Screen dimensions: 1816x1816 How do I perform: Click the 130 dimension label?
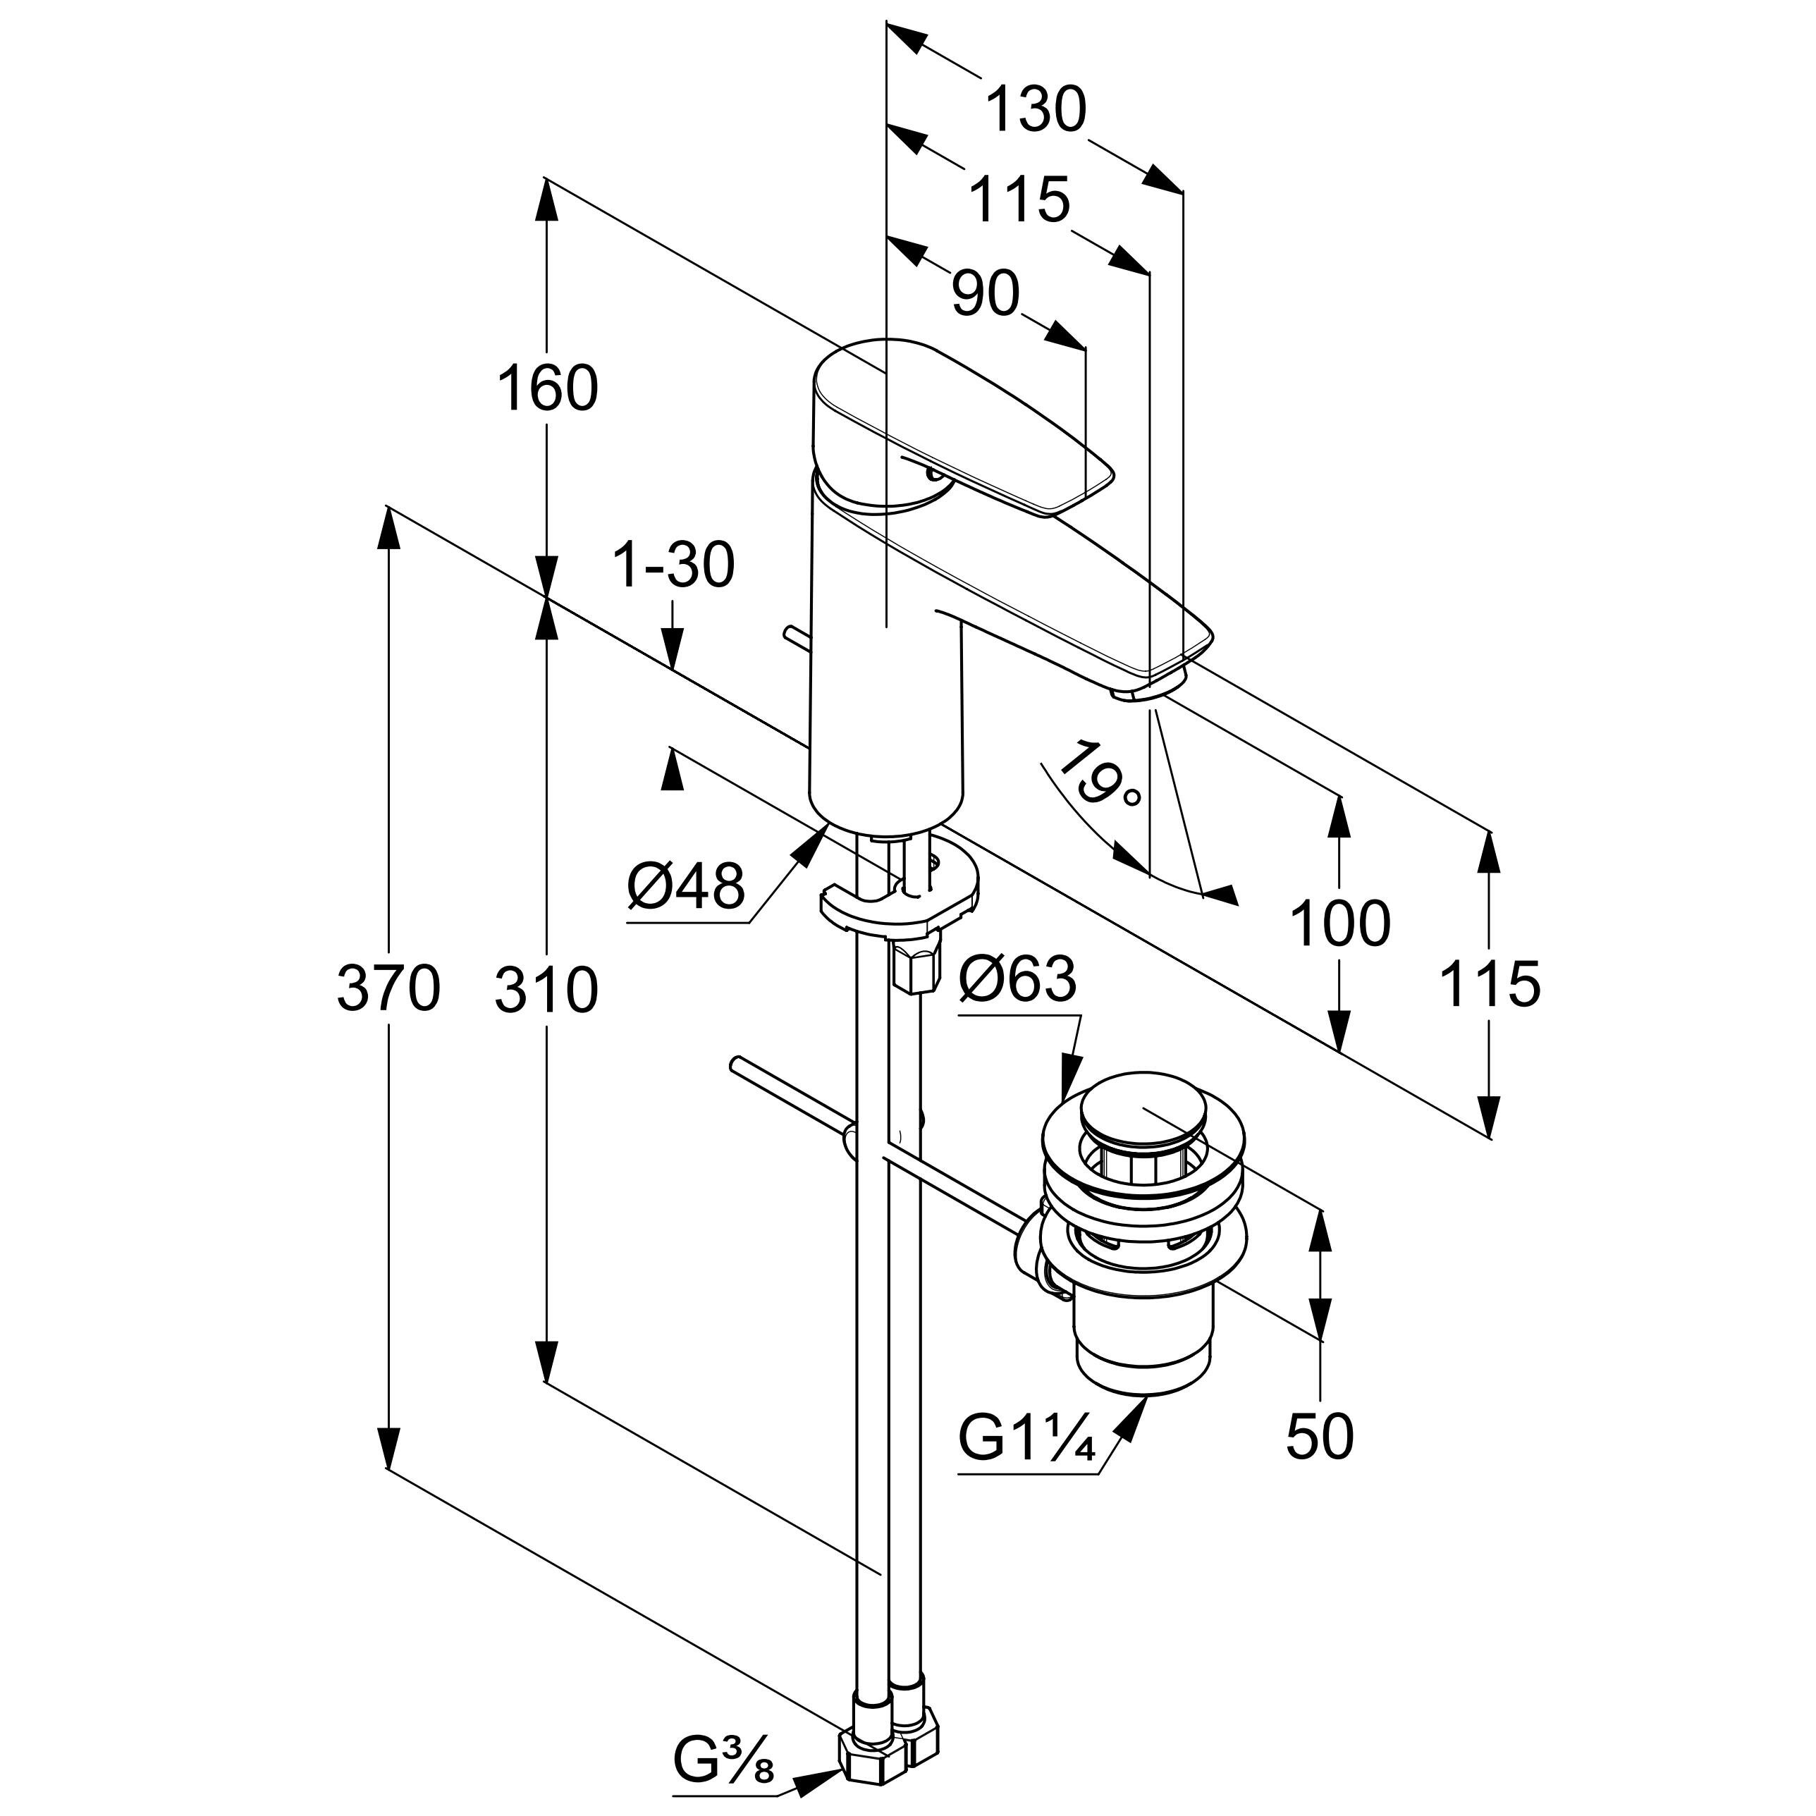coord(1035,110)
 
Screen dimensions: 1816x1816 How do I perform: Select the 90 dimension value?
coord(984,293)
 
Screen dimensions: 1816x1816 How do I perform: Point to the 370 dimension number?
coord(388,989)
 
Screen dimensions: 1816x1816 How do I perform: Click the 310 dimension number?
coord(546,990)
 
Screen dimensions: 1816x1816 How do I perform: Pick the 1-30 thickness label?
coord(673,566)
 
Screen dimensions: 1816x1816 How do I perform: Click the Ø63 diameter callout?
coord(1017,979)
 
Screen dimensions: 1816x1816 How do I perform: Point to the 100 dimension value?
coord(1340,923)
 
